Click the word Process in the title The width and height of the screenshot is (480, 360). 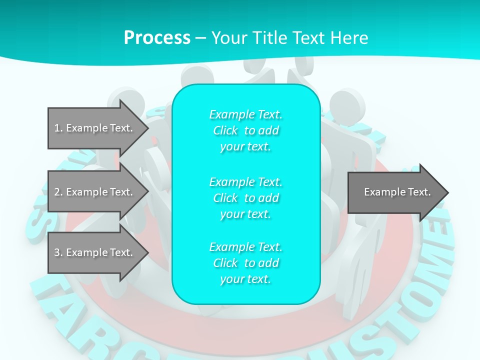point(157,37)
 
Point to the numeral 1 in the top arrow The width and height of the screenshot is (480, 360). point(57,128)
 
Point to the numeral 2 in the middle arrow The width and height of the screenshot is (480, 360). point(57,192)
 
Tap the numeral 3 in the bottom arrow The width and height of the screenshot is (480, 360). point(57,252)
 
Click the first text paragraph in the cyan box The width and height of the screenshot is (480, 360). point(246,130)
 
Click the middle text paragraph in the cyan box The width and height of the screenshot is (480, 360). point(246,198)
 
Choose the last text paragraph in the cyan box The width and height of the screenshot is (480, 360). point(246,263)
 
